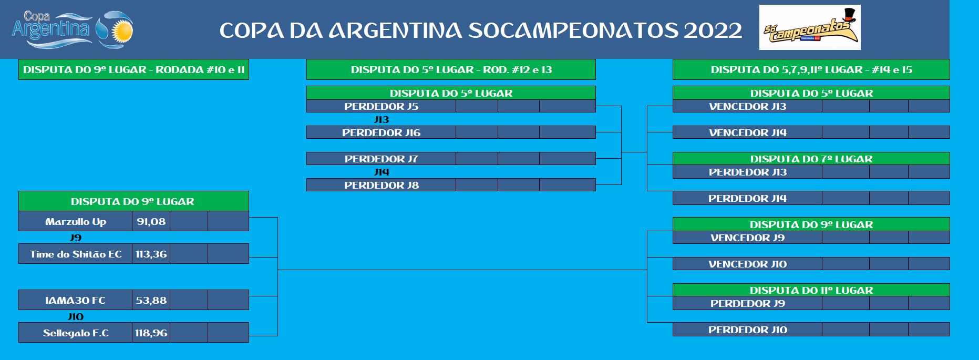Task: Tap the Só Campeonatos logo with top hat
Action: pyautogui.click(x=810, y=27)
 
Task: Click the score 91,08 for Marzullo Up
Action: pyautogui.click(x=151, y=221)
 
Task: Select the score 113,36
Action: pyautogui.click(x=151, y=254)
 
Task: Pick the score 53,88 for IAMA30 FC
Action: pyautogui.click(x=151, y=300)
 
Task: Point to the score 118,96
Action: pyautogui.click(x=151, y=333)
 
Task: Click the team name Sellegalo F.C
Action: pyautogui.click(x=76, y=333)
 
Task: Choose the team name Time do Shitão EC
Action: pyautogui.click(x=76, y=254)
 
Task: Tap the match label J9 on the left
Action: pyautogui.click(x=76, y=238)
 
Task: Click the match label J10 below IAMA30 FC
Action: pyautogui.click(x=76, y=316)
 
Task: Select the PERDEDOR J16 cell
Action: pyautogui.click(x=381, y=132)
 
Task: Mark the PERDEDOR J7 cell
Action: pyautogui.click(x=381, y=159)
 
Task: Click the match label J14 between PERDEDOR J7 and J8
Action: pyautogui.click(x=382, y=172)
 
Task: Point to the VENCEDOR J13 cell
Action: pyautogui.click(x=747, y=106)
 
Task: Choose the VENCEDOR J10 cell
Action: pyautogui.click(x=747, y=264)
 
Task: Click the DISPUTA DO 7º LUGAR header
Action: pyautogui.click(x=811, y=159)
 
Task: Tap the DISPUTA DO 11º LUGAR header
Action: pyautogui.click(x=811, y=290)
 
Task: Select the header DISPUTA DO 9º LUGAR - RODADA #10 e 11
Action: pyautogui.click(x=133, y=69)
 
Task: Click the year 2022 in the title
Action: pyautogui.click(x=713, y=30)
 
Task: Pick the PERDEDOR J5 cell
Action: pyautogui.click(x=381, y=106)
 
